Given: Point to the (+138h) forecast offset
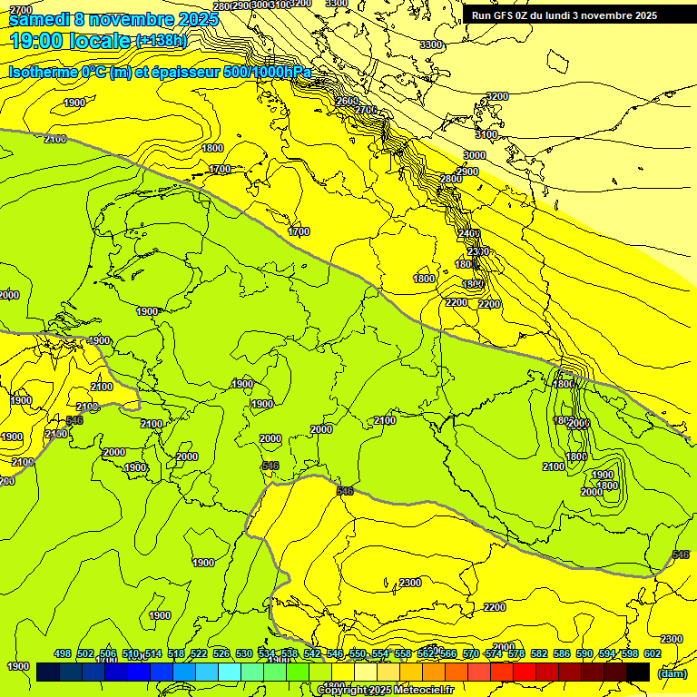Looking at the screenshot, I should pos(162,41).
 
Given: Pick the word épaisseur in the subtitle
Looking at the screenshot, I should pos(189,73).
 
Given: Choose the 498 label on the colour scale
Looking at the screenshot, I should pos(63,653).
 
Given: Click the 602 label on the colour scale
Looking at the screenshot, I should pos(653,653).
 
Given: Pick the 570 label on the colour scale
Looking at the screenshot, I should pos(471,653).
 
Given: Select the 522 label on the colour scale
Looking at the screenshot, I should pos(199,653).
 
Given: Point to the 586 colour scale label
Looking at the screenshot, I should pos(562,653).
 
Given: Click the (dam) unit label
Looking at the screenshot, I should pos(672,673).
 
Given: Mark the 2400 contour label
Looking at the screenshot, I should pos(469,234).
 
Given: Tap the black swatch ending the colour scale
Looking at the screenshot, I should pos(638,672).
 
